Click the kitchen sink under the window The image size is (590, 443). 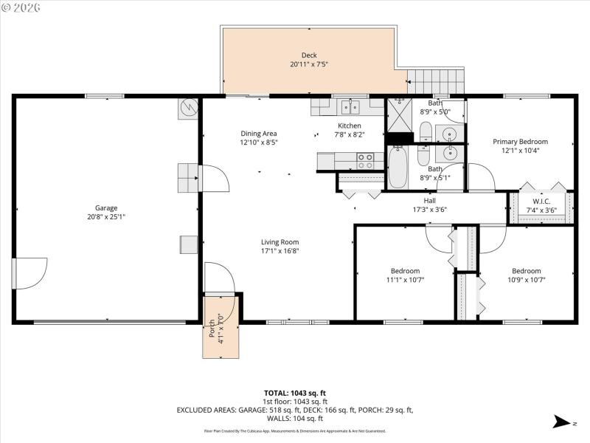pos(350,108)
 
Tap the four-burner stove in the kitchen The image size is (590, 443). pos(365,160)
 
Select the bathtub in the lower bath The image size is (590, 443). pos(397,168)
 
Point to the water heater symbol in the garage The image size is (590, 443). pos(188,109)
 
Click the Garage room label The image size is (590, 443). pos(105,208)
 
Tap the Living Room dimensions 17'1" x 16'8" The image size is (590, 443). pos(280,251)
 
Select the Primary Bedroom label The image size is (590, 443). pos(520,142)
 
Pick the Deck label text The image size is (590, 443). pos(308,55)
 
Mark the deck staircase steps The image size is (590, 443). pos(437,80)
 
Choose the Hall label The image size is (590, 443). pos(430,200)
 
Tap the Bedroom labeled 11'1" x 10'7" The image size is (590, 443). pos(405,271)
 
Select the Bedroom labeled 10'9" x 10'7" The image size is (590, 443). pos(526,271)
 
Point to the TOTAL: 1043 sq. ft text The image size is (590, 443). pos(295,393)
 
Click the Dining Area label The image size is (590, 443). pos(258,134)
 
